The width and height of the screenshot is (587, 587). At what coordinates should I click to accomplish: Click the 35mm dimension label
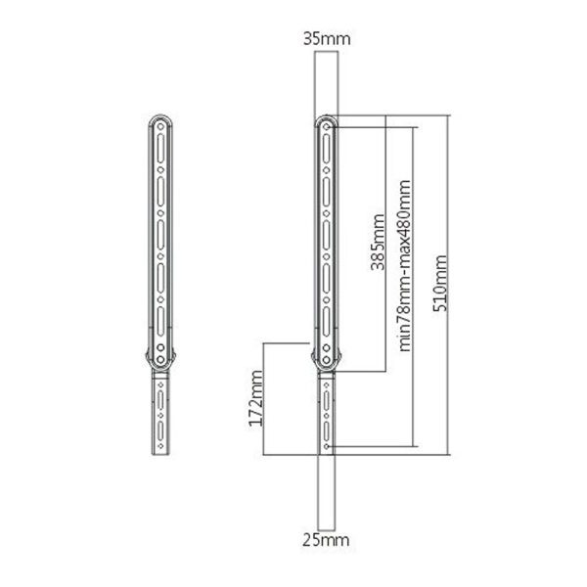pyautogui.click(x=327, y=39)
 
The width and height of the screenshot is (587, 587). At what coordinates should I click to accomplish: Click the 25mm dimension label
pyautogui.click(x=326, y=540)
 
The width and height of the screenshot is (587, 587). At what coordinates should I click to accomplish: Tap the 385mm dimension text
pyautogui.click(x=378, y=242)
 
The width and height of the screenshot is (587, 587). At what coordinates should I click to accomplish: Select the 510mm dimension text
pyautogui.click(x=440, y=283)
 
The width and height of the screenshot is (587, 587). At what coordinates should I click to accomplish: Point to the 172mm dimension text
pyautogui.click(x=256, y=398)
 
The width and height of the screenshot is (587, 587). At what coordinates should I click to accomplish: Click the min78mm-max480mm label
pyautogui.click(x=404, y=266)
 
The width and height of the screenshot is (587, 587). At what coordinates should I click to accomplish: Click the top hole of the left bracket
pyautogui.click(x=160, y=126)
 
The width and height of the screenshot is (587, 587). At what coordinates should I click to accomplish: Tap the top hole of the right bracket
pyautogui.click(x=327, y=127)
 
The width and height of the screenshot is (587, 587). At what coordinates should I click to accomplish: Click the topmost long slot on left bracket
pyautogui.click(x=160, y=149)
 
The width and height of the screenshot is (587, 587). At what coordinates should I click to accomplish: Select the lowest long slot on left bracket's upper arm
pyautogui.click(x=160, y=321)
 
